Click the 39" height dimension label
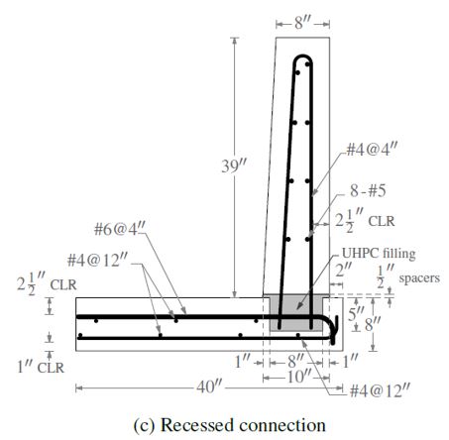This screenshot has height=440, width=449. pyautogui.click(x=235, y=166)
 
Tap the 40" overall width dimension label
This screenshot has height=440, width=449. pyautogui.click(x=209, y=386)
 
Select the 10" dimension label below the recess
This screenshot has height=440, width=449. pyautogui.click(x=299, y=377)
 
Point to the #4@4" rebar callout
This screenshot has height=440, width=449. pyautogui.click(x=372, y=150)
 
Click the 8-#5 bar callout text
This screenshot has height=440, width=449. pyautogui.click(x=368, y=190)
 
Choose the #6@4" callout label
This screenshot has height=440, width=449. pyautogui.click(x=120, y=229)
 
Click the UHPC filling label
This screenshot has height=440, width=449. pyautogui.click(x=379, y=254)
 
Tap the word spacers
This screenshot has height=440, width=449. pyautogui.click(x=419, y=278)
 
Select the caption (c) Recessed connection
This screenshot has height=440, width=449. pyautogui.click(x=229, y=425)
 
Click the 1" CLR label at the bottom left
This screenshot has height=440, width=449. pyautogui.click(x=41, y=367)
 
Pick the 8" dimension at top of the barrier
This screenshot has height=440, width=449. pyautogui.click(x=302, y=23)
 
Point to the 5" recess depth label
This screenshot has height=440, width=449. pyautogui.click(x=356, y=313)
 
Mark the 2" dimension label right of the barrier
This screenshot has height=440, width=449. pyautogui.click(x=344, y=271)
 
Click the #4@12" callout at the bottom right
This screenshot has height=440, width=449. pyautogui.click(x=380, y=390)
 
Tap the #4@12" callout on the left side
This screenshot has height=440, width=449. pyautogui.click(x=97, y=261)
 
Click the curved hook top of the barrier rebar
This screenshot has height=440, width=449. pyautogui.click(x=303, y=58)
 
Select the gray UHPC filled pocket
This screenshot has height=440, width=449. pyautogui.click(x=296, y=312)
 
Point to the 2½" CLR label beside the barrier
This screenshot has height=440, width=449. pyautogui.click(x=365, y=220)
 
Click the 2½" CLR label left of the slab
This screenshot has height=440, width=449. pyautogui.click(x=47, y=283)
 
